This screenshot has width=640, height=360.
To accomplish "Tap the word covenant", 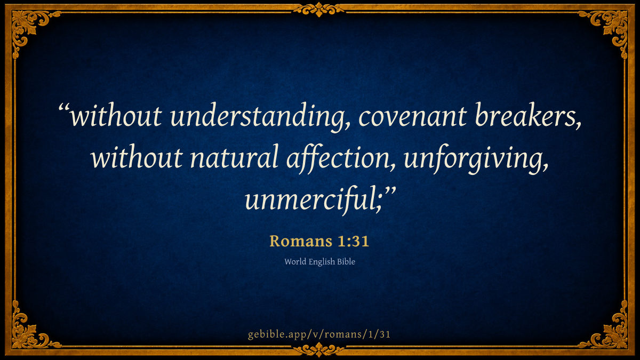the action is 413,117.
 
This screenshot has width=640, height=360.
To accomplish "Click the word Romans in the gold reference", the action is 301,241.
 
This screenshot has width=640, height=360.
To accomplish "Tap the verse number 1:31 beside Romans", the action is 354,241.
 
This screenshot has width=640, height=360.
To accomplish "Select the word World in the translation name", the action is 295,262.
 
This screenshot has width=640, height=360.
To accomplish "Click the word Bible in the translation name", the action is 346,262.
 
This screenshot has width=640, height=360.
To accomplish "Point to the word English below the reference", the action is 322,262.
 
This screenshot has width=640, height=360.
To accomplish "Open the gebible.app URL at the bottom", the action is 319,334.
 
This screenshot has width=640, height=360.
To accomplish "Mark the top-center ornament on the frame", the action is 319,10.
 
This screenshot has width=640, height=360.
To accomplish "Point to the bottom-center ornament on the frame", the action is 319,350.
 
